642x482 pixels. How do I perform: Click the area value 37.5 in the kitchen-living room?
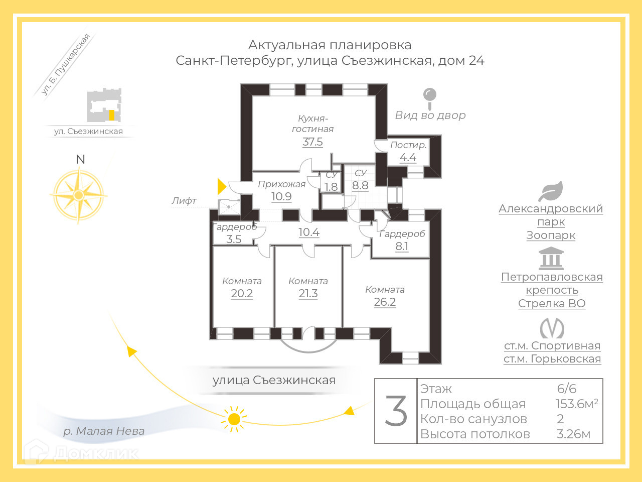click(x=312, y=142)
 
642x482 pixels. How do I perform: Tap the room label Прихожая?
click(x=281, y=184)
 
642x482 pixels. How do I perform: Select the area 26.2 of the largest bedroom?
click(x=385, y=302)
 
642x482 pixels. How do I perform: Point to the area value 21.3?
click(x=308, y=294)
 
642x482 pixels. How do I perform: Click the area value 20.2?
click(x=242, y=294)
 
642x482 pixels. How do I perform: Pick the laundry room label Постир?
click(x=408, y=145)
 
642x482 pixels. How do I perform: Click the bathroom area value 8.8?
click(x=360, y=185)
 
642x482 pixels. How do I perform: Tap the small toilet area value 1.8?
click(x=331, y=187)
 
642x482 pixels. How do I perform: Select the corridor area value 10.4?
click(x=309, y=232)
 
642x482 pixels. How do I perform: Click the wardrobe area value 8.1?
click(x=402, y=247)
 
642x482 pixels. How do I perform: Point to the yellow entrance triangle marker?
click(x=221, y=186)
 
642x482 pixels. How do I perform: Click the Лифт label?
click(x=184, y=201)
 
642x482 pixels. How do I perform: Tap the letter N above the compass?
click(x=80, y=159)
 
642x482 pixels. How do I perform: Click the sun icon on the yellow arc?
click(x=234, y=419)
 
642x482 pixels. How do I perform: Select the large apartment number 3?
click(x=396, y=411)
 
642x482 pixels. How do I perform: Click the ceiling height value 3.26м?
click(x=573, y=434)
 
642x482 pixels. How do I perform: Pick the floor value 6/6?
click(x=567, y=389)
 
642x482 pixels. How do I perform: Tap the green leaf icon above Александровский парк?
click(x=551, y=191)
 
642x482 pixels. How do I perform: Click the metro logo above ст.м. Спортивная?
click(x=552, y=329)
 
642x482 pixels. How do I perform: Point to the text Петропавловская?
click(x=552, y=277)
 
